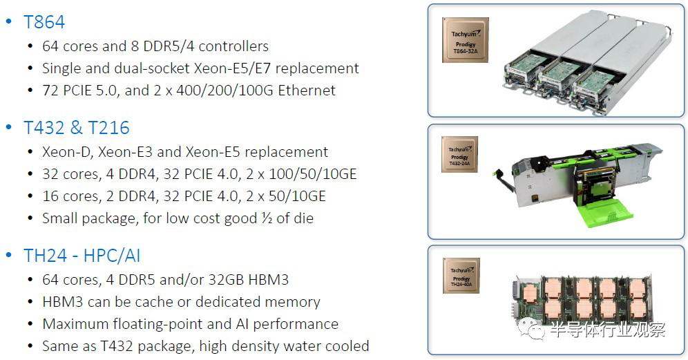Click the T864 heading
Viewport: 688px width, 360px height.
tap(44, 22)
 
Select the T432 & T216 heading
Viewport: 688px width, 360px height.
tap(76, 128)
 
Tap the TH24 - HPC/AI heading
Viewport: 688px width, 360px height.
tap(82, 256)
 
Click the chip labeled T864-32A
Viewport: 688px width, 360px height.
tap(465, 40)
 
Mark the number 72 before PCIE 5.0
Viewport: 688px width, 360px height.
tap(51, 91)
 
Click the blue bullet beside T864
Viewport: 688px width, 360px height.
tap(8, 21)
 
